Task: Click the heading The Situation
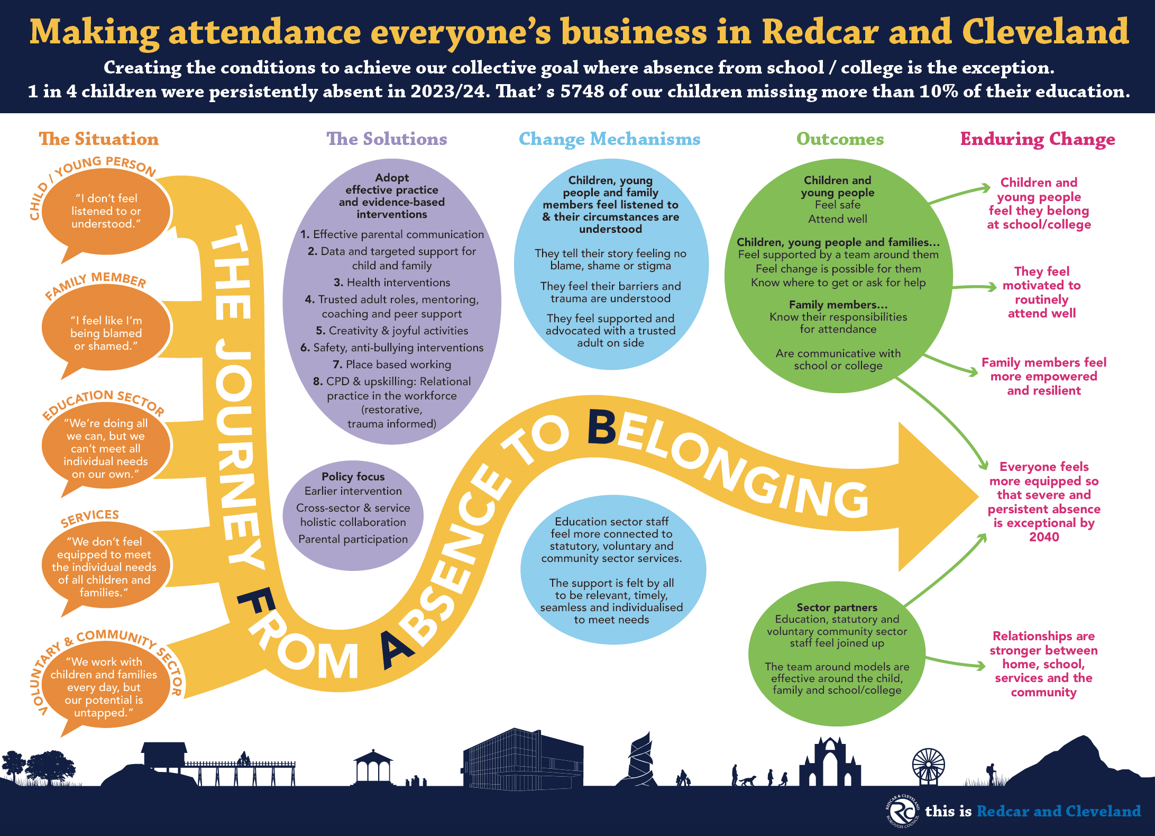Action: [x=98, y=139]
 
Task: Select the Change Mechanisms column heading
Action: [x=609, y=139]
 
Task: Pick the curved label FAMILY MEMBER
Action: [x=95, y=285]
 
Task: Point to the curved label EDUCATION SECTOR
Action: [x=103, y=403]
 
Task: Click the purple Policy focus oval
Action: [x=353, y=515]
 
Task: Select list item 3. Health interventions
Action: [x=392, y=283]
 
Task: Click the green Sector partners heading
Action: [x=837, y=607]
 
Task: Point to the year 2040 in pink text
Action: [x=1044, y=537]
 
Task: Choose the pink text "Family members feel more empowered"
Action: [x=1044, y=369]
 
